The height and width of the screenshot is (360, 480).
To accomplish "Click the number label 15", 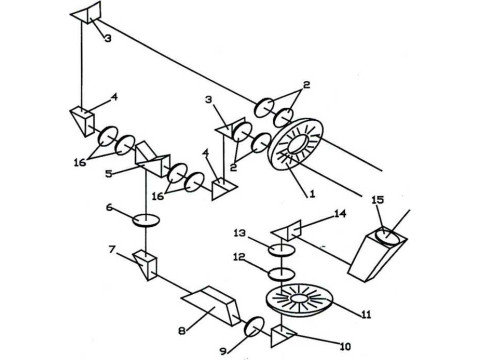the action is click(378, 200).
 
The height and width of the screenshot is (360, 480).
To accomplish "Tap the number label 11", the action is click(366, 314).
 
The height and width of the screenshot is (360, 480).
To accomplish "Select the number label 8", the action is click(182, 331).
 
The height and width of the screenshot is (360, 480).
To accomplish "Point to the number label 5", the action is click(109, 174).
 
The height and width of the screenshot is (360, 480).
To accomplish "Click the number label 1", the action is click(312, 194).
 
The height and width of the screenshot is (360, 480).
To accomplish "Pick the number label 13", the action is click(239, 233).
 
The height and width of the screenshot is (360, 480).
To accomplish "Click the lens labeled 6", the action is click(146, 221).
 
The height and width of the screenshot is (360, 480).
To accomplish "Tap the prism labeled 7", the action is click(145, 266).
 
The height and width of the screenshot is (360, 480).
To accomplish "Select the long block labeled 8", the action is click(211, 305).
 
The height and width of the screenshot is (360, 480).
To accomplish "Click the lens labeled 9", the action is click(255, 327).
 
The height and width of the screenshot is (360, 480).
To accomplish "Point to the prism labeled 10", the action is click(283, 337).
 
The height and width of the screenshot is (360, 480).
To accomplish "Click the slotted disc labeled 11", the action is click(300, 299).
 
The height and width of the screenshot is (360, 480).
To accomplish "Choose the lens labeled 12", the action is click(282, 274).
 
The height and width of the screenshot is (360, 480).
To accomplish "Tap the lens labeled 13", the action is click(282, 250).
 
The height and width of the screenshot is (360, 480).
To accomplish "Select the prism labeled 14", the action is click(287, 230).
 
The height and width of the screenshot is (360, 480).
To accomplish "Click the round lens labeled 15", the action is click(388, 237).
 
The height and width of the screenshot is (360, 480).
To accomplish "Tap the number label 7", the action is click(112, 249).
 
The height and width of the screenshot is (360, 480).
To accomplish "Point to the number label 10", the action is click(345, 347).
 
